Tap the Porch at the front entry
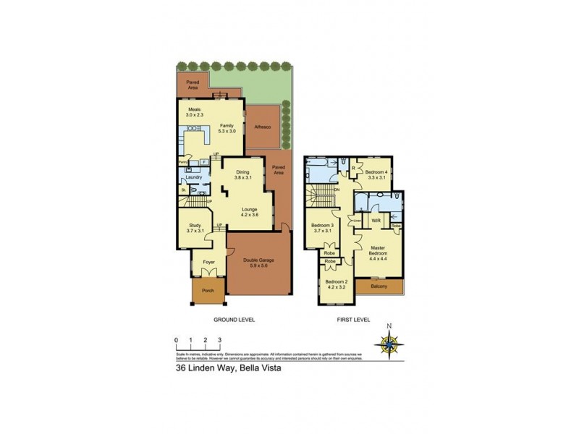(x=208, y=292)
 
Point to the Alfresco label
(x=262, y=126)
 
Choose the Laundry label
(x=193, y=177)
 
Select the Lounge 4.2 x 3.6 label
(x=249, y=211)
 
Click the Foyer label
(x=208, y=263)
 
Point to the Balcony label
(x=379, y=286)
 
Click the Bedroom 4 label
(x=377, y=174)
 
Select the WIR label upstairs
(x=376, y=220)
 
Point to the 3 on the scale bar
(x=219, y=339)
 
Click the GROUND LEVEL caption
(x=233, y=319)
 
